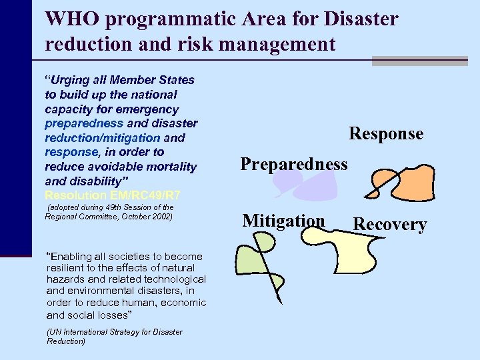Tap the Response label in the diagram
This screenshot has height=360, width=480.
coord(386,133)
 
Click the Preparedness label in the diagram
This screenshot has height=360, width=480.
coord(294,163)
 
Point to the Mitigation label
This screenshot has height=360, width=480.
coord(284,221)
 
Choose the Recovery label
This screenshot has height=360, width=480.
coord(390,224)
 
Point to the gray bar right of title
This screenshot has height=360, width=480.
coord(425,61)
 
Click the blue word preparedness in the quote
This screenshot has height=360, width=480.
coord(84,123)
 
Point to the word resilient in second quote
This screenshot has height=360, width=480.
coord(67,267)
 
